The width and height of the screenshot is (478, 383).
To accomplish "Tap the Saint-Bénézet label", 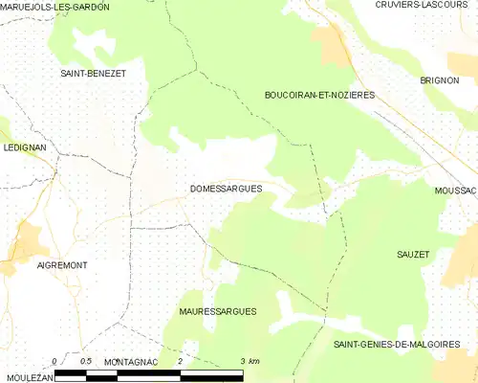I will [94, 73].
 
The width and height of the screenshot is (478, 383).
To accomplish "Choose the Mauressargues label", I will [218, 312].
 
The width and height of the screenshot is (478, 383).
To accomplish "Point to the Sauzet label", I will [413, 254].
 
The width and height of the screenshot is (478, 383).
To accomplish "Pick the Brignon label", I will [441, 80].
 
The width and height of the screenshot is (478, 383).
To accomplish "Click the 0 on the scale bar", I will [55, 360].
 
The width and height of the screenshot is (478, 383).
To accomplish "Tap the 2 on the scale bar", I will [180, 360].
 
